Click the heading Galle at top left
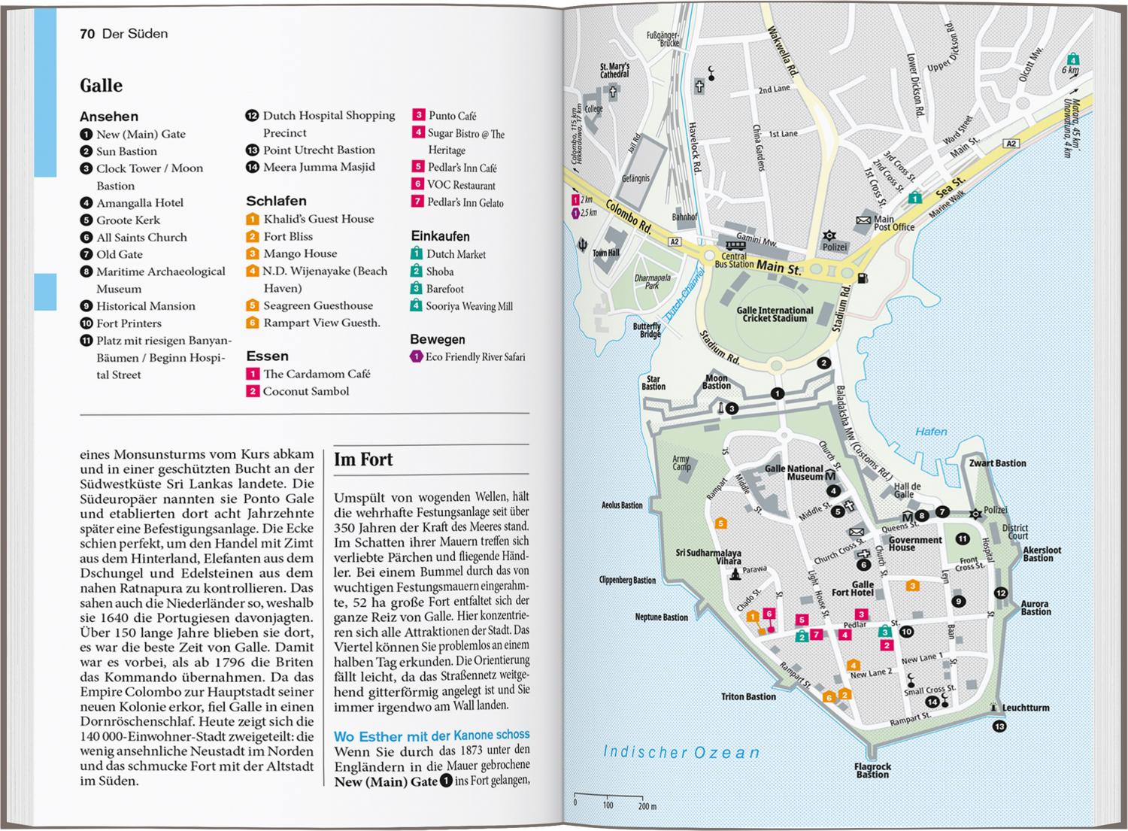[101, 86]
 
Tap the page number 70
[87, 34]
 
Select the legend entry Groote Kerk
[128, 220]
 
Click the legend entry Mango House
[300, 254]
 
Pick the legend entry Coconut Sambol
[305, 392]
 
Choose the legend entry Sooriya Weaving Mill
[468, 306]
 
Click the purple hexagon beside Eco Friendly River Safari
[416, 357]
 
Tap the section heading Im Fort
[363, 459]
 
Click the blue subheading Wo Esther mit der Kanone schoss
[432, 736]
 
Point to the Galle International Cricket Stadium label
[775, 314]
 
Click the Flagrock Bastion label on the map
[872, 771]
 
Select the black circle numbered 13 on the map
[999, 726]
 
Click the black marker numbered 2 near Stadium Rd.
[824, 363]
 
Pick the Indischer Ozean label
[681, 752]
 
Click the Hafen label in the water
[931, 432]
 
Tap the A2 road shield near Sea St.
[1011, 144]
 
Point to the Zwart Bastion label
[997, 463]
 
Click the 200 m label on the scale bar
[647, 806]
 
